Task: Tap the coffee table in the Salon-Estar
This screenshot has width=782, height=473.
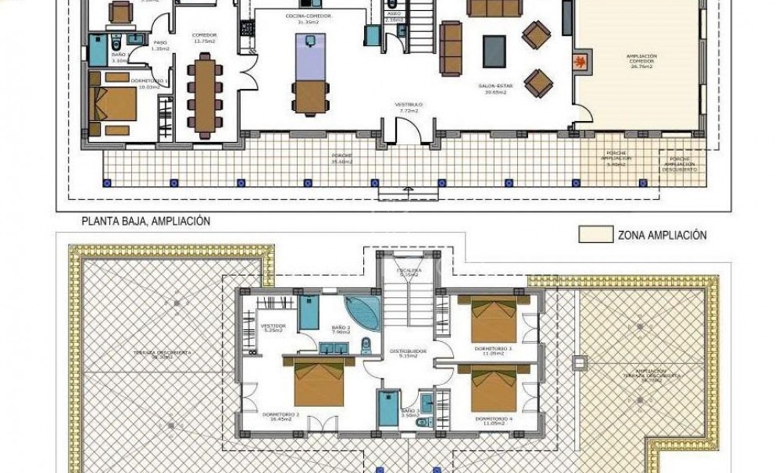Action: (494, 52)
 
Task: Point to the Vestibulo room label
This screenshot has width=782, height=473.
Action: (409, 108)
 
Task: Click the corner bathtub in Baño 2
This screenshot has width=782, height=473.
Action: (361, 310)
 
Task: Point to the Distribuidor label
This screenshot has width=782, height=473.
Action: (408, 353)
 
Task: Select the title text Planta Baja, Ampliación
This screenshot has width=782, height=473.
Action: (146, 222)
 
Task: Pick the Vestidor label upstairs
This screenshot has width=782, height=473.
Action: (273, 327)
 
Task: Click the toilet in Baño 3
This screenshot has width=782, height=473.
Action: (423, 422)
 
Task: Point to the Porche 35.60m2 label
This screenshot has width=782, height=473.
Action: (341, 158)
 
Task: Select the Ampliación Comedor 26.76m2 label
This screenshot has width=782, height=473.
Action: (641, 61)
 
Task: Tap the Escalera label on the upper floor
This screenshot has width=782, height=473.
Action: (410, 272)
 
